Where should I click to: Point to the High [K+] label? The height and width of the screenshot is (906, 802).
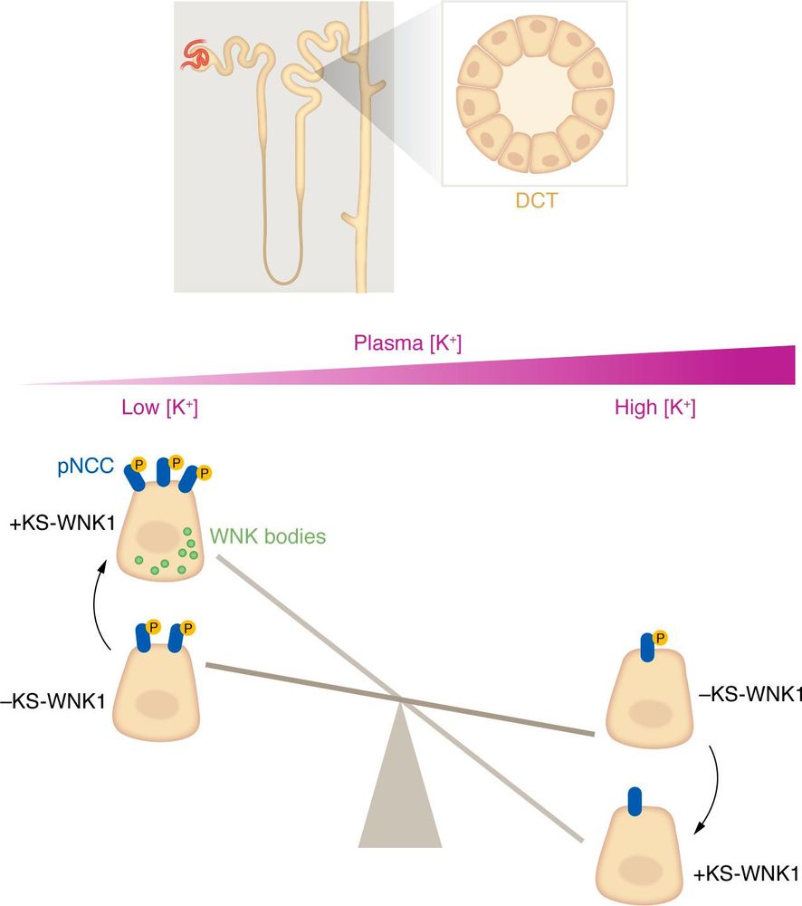(654, 409)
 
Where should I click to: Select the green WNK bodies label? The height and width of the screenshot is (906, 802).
(268, 536)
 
